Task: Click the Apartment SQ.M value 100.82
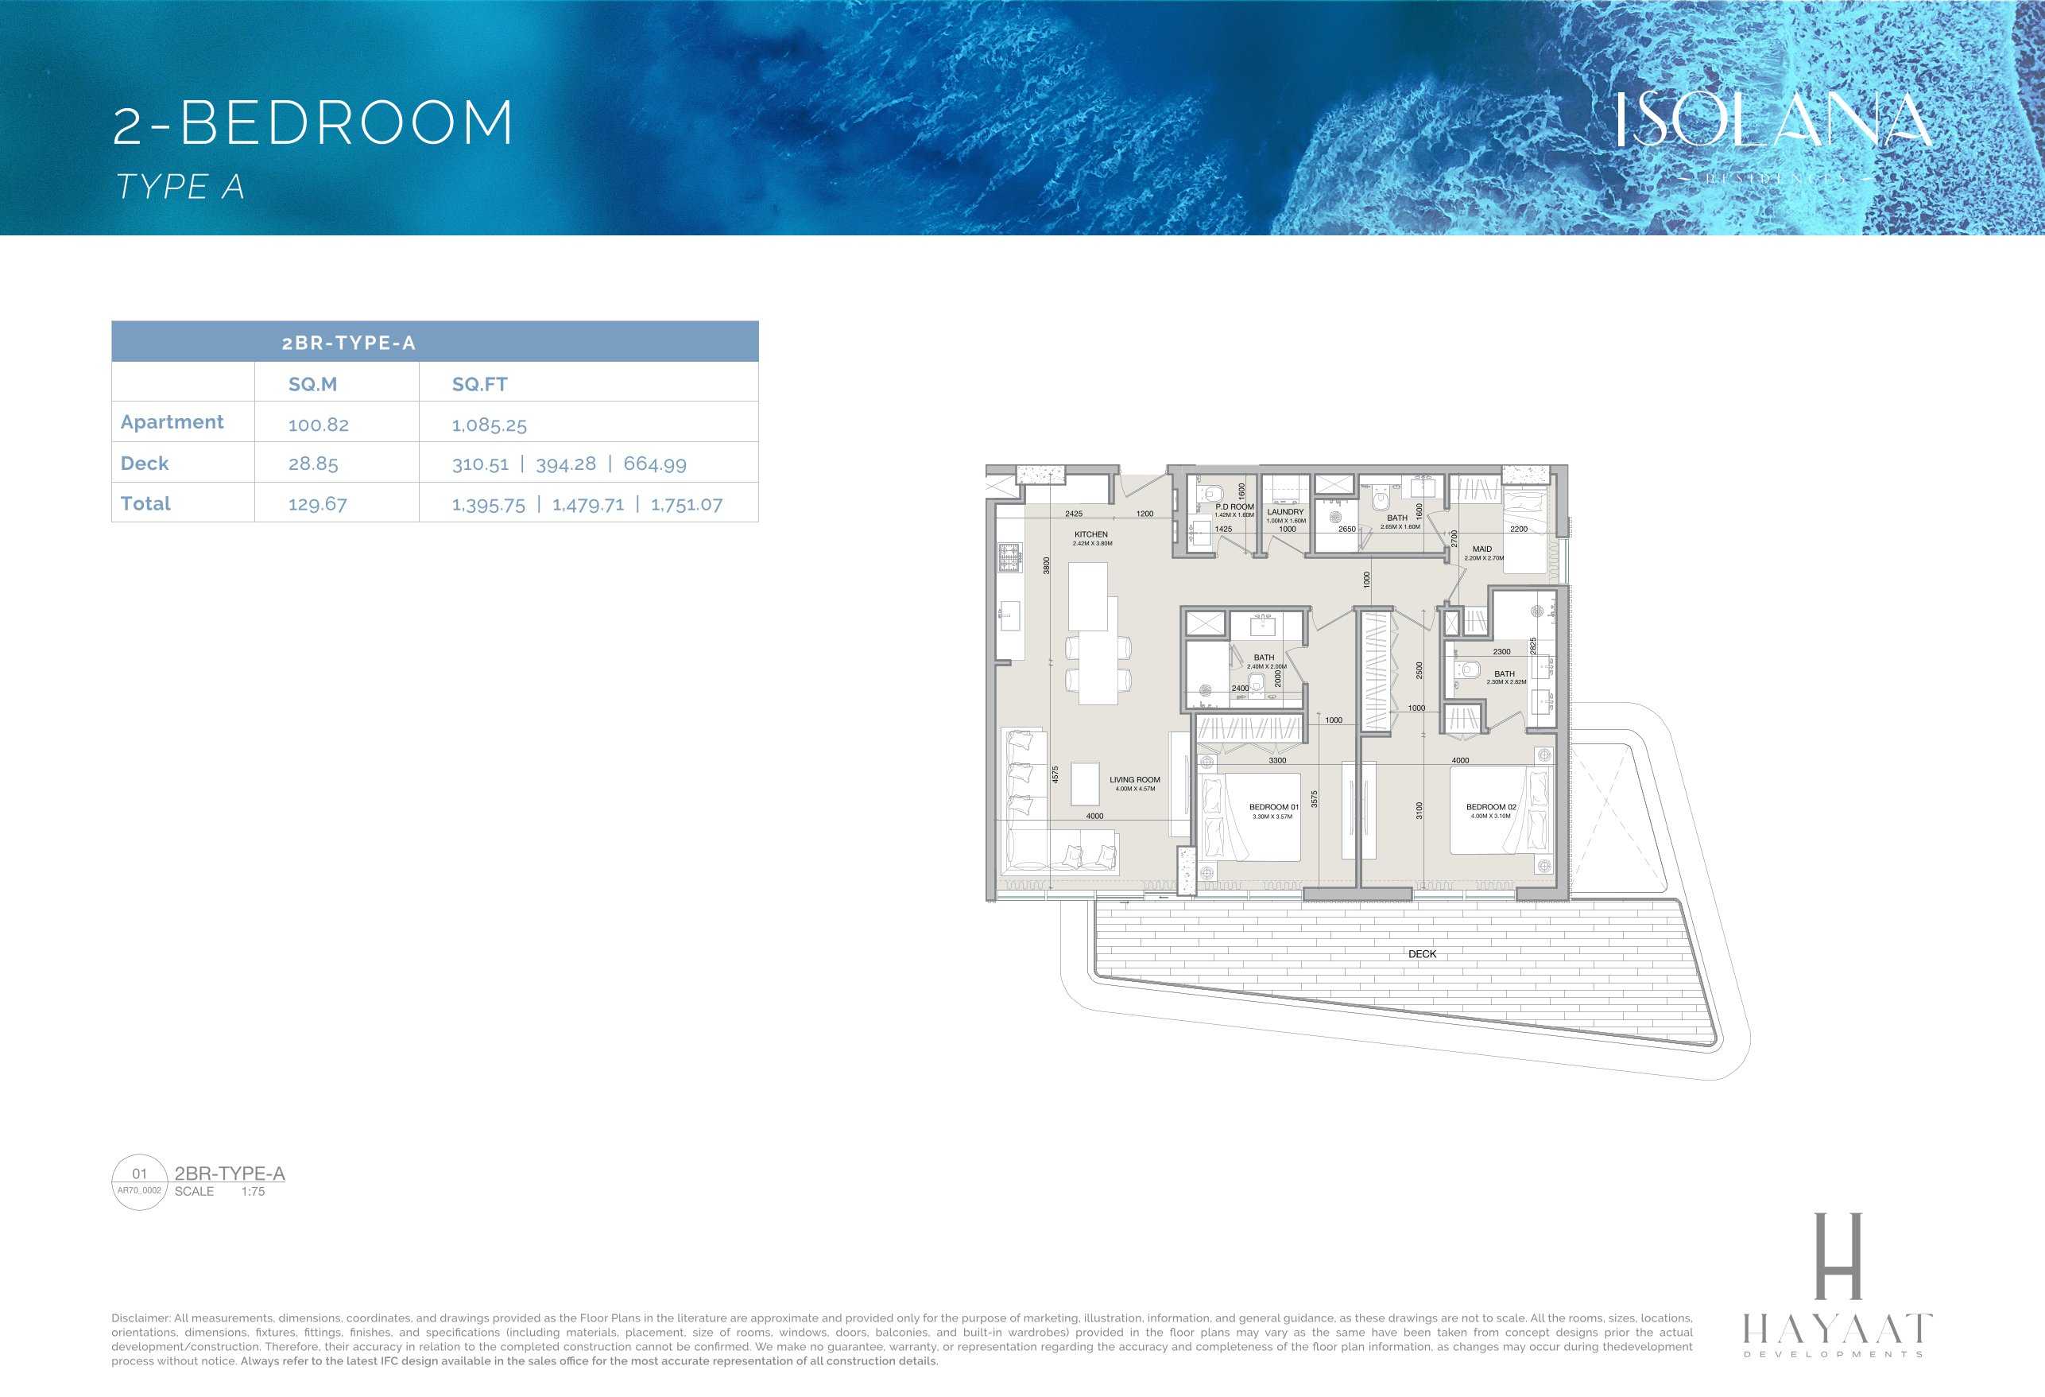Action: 319,425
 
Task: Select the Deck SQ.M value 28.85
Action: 313,464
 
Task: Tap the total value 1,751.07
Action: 687,504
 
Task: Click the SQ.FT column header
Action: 479,384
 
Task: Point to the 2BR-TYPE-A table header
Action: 348,343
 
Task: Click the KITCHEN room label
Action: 1091,534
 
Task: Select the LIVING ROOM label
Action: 1134,780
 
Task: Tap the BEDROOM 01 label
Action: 1273,807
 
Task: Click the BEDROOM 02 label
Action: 1491,807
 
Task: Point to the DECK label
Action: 1422,954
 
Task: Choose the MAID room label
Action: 1481,549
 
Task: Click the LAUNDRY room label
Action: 1286,511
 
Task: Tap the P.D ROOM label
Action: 1234,507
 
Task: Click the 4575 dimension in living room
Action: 1055,774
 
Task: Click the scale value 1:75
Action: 253,1191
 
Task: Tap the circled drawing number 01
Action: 139,1174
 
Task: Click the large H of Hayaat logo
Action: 1838,1255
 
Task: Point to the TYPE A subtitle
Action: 180,187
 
